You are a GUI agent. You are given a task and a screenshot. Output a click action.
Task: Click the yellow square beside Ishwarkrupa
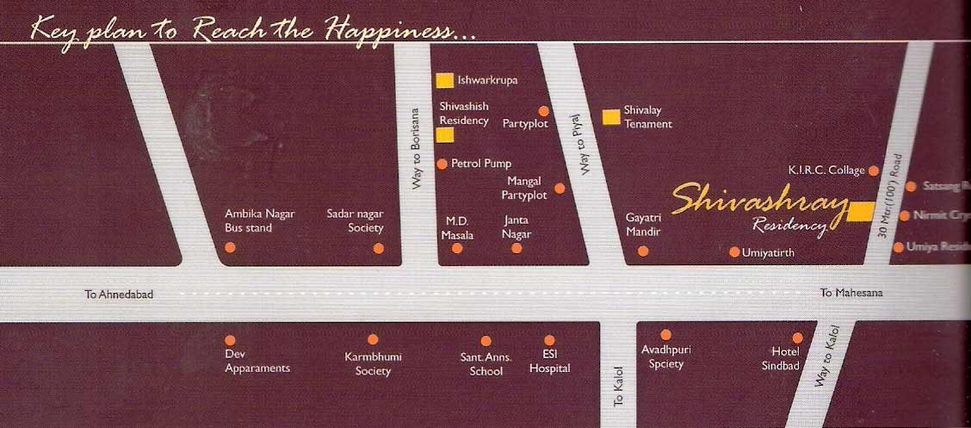[x=444, y=80]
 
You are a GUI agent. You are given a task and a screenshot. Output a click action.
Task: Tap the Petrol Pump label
[x=481, y=164]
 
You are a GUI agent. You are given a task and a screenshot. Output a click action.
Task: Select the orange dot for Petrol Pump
[x=442, y=164]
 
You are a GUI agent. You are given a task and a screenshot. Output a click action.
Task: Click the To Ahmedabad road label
[x=119, y=295]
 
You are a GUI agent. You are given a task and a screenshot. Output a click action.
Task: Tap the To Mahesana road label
[x=850, y=293]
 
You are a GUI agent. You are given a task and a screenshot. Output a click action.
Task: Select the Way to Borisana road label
[x=417, y=148]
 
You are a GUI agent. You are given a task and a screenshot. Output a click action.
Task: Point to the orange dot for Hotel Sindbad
[x=797, y=338]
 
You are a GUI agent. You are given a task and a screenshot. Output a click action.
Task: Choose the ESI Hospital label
[x=549, y=363]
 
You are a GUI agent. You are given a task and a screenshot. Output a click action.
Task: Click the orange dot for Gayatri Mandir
[x=643, y=251]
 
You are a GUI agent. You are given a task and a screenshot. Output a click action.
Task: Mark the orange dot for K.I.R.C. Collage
[x=873, y=171]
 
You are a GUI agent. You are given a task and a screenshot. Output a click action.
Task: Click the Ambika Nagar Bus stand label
[x=249, y=221]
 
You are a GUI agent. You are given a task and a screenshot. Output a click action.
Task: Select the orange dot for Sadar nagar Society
[x=379, y=248]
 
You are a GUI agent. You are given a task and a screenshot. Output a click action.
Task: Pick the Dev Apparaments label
[x=257, y=362]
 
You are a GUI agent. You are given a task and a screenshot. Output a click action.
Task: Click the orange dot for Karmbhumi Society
[x=373, y=339]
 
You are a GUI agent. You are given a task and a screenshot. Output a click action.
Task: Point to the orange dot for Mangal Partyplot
[x=560, y=188]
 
